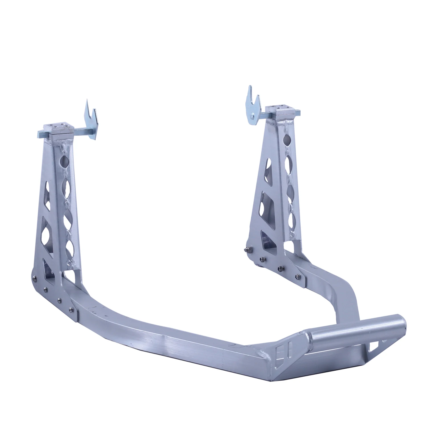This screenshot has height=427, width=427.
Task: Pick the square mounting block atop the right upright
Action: click(x=282, y=111)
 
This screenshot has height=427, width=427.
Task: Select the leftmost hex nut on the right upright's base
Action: click(x=245, y=250)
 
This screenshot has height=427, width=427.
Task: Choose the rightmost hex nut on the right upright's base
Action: click(x=298, y=276)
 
